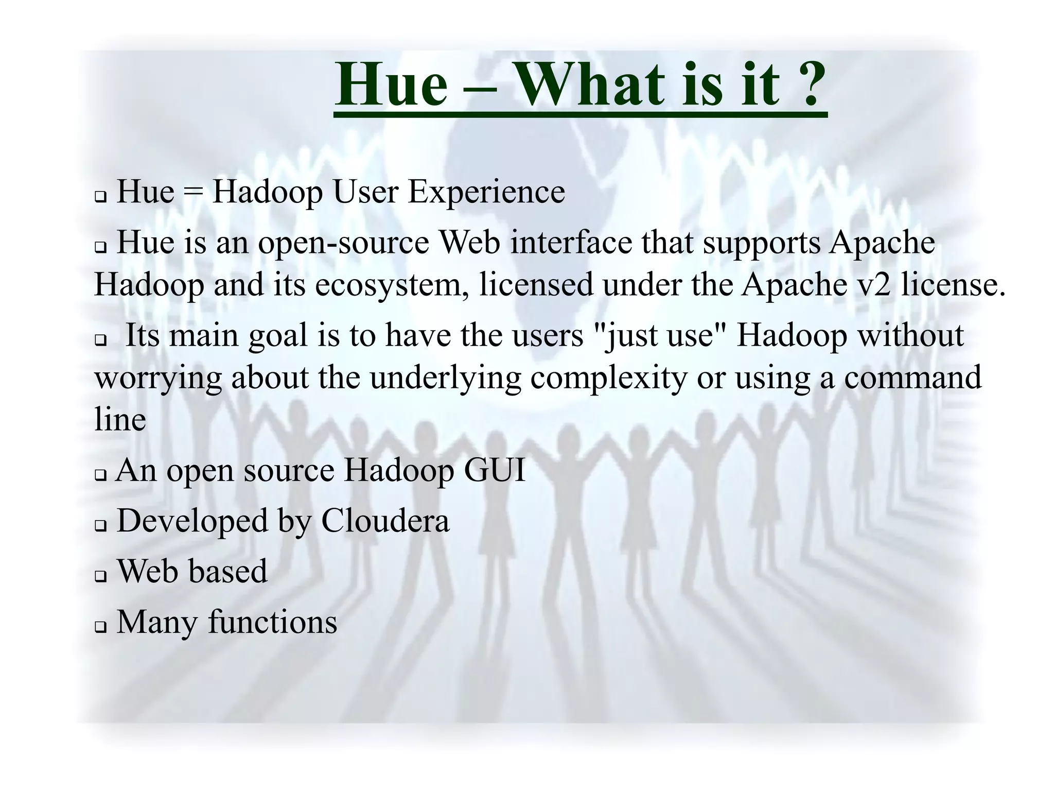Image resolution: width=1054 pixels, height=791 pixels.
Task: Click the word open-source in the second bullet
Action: [343, 243]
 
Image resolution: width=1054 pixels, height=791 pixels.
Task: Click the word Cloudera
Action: [385, 521]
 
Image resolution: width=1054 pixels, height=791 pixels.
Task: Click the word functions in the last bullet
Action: [273, 623]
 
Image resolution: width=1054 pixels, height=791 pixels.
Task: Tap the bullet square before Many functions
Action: [100, 628]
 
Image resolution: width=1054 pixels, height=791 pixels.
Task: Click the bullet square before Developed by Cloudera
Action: [100, 526]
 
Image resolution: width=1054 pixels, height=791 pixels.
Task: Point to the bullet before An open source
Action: [100, 475]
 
